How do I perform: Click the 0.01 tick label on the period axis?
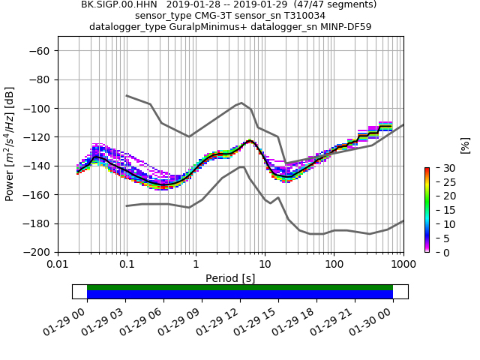click(58, 265)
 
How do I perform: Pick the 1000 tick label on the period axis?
click(403, 265)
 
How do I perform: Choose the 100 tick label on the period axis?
click(334, 265)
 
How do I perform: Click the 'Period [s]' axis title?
click(230, 277)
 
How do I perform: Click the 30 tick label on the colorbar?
click(440, 167)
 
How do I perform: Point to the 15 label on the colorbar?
click(440, 210)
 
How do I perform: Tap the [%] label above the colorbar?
click(465, 145)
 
